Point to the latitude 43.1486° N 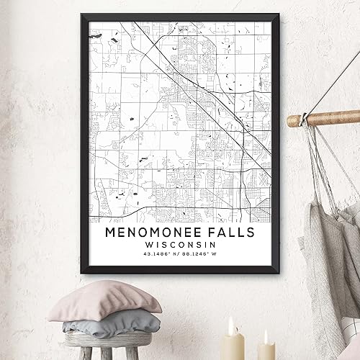160,258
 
